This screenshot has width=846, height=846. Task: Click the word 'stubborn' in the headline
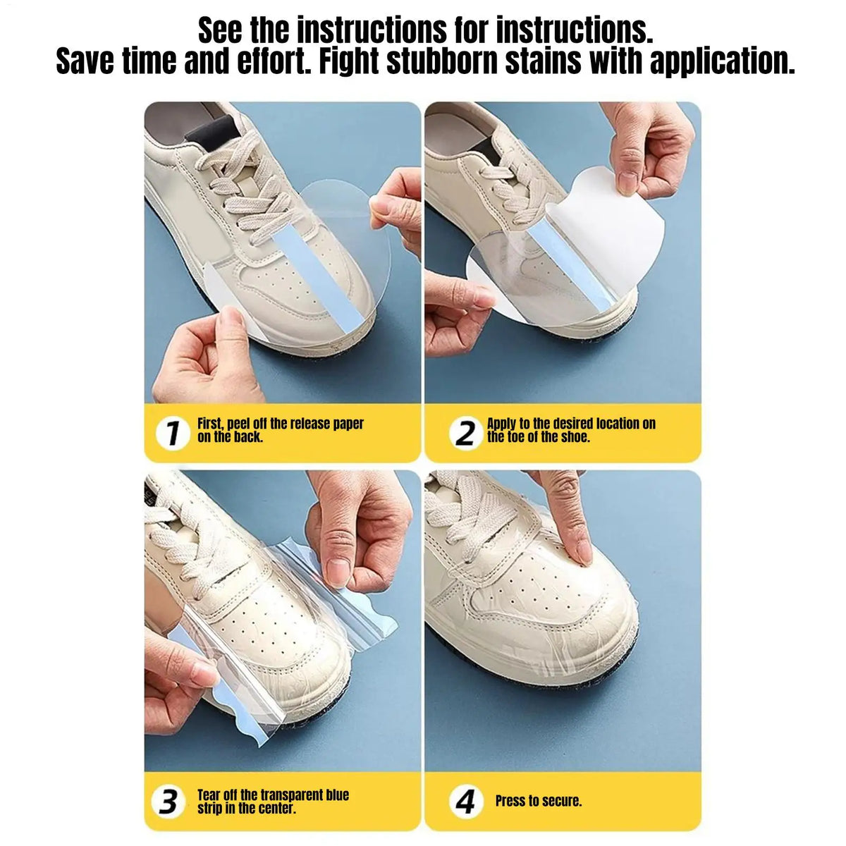pyautogui.click(x=441, y=61)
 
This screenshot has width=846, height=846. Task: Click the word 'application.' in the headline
pyautogui.click(x=722, y=62)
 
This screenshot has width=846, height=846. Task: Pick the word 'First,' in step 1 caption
pyautogui.click(x=210, y=424)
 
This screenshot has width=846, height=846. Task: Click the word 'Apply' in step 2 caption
pyautogui.click(x=501, y=424)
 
